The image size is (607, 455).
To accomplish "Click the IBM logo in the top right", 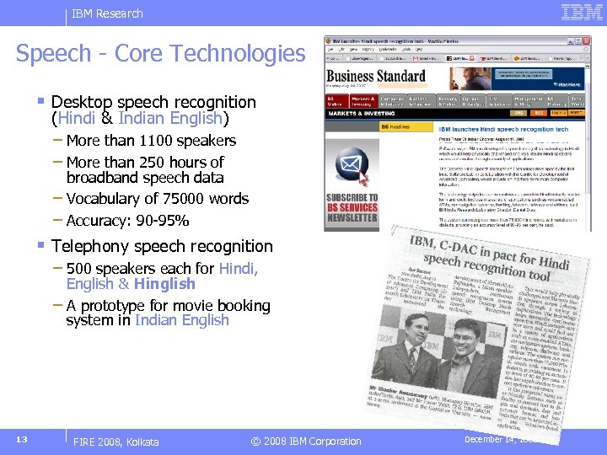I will [581, 13].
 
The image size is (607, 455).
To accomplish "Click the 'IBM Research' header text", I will [107, 13].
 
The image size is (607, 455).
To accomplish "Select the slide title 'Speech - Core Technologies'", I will [160, 54].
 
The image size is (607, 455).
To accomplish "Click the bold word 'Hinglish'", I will [164, 284].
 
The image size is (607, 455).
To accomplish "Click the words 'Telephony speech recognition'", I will [162, 247].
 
